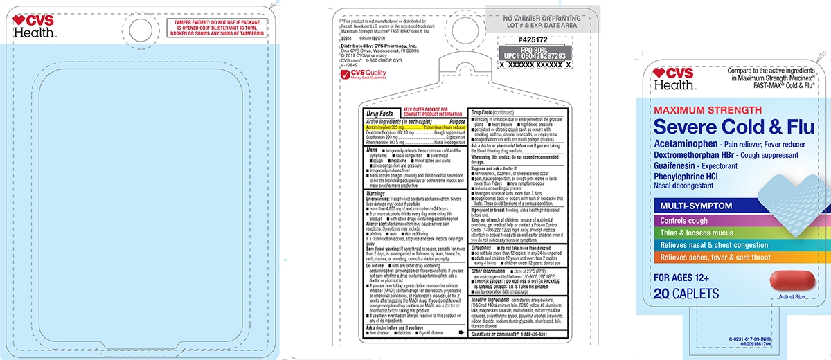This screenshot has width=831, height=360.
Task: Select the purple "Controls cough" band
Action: [x=692, y=221]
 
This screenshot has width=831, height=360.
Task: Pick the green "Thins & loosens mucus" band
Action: [x=699, y=233]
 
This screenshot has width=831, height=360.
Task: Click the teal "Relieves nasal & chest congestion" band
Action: [x=713, y=245]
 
